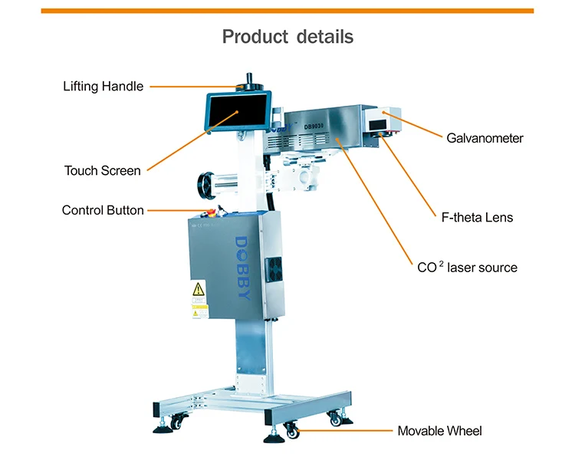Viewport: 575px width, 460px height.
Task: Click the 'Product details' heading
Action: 287,36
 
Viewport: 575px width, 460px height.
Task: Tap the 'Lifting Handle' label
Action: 103,86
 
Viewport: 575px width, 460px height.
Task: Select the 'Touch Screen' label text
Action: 102,170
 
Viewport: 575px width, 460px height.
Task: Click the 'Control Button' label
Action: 103,210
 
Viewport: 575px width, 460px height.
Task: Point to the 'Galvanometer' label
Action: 485,138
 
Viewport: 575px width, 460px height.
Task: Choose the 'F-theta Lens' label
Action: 477,218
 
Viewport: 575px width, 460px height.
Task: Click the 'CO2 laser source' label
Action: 467,268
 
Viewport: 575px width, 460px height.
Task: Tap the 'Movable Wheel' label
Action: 439,431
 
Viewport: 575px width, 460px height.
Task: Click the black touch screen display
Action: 238,111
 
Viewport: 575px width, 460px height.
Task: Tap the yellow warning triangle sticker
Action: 199,289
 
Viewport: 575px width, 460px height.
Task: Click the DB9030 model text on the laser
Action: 314,126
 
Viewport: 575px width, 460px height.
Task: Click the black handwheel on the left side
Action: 205,184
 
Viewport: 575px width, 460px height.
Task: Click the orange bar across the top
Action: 287,10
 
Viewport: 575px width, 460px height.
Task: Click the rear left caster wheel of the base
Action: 177,420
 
